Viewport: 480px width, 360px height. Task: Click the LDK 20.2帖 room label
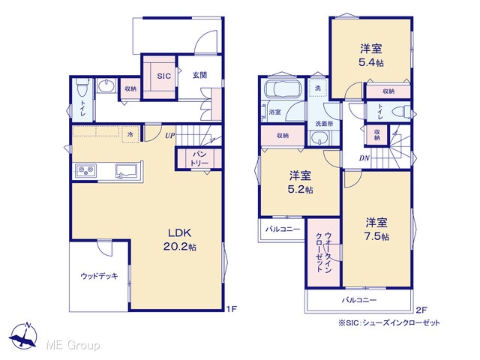(180, 240)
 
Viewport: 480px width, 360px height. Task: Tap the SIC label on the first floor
(163, 76)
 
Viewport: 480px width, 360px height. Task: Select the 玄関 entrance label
(199, 75)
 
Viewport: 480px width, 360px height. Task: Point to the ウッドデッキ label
(99, 276)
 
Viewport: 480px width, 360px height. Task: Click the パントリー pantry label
(199, 158)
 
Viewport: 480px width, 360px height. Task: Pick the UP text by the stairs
(170, 135)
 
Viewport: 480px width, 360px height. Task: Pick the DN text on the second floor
(364, 158)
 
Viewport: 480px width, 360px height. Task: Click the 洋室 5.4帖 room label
(371, 55)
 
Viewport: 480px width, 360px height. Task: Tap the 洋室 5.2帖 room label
(300, 182)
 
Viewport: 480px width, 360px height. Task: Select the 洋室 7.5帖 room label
(376, 229)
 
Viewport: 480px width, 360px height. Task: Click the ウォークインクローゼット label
(323, 252)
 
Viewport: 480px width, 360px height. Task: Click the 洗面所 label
(324, 124)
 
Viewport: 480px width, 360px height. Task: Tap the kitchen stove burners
(86, 170)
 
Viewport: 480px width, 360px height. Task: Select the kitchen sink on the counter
(127, 171)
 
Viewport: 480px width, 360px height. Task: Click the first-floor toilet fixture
(82, 86)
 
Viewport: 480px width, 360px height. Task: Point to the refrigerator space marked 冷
(130, 134)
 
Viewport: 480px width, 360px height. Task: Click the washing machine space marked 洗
(318, 88)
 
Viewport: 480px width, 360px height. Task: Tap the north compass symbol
(23, 335)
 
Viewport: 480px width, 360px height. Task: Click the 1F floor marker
(232, 309)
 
